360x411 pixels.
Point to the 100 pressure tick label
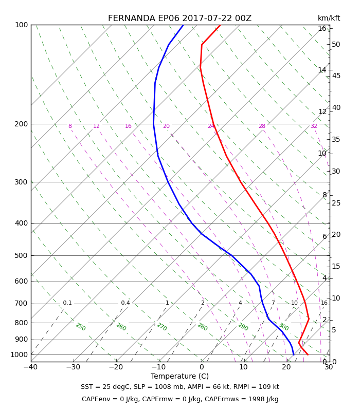pos(22,25)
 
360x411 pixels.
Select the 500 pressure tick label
pos(21,255)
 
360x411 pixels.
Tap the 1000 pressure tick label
pos(19,354)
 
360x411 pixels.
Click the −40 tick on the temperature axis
pos(30,367)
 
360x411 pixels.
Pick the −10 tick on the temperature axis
pos(158,367)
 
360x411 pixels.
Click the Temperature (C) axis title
pos(179,376)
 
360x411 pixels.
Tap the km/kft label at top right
pos(329,18)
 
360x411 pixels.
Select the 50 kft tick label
pos(336,44)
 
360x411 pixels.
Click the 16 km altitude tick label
pos(322,28)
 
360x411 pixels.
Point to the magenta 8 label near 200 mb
pos(70,126)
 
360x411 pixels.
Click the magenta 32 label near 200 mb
pos(314,126)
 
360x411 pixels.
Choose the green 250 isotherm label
pos(81,327)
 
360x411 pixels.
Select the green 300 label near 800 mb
pos(284,327)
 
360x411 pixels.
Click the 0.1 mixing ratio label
pos(67,303)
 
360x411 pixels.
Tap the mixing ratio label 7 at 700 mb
pos(273,303)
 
